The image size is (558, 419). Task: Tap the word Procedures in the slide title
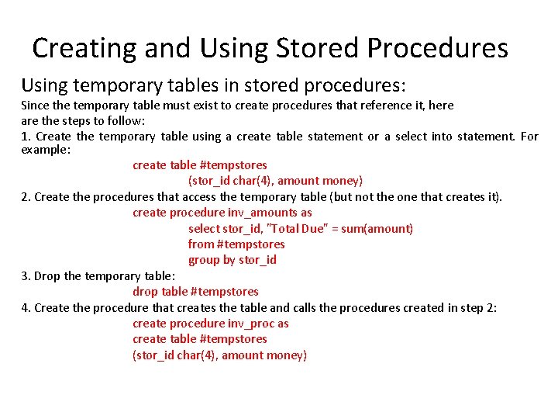click(x=437, y=48)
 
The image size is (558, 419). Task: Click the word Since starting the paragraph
click(x=35, y=105)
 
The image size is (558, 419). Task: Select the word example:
click(x=46, y=149)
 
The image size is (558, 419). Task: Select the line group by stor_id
click(x=232, y=260)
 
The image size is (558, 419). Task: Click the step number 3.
click(x=26, y=276)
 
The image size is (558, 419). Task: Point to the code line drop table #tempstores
click(x=195, y=292)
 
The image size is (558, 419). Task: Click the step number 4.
click(x=26, y=308)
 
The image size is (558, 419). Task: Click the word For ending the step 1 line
click(x=529, y=137)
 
